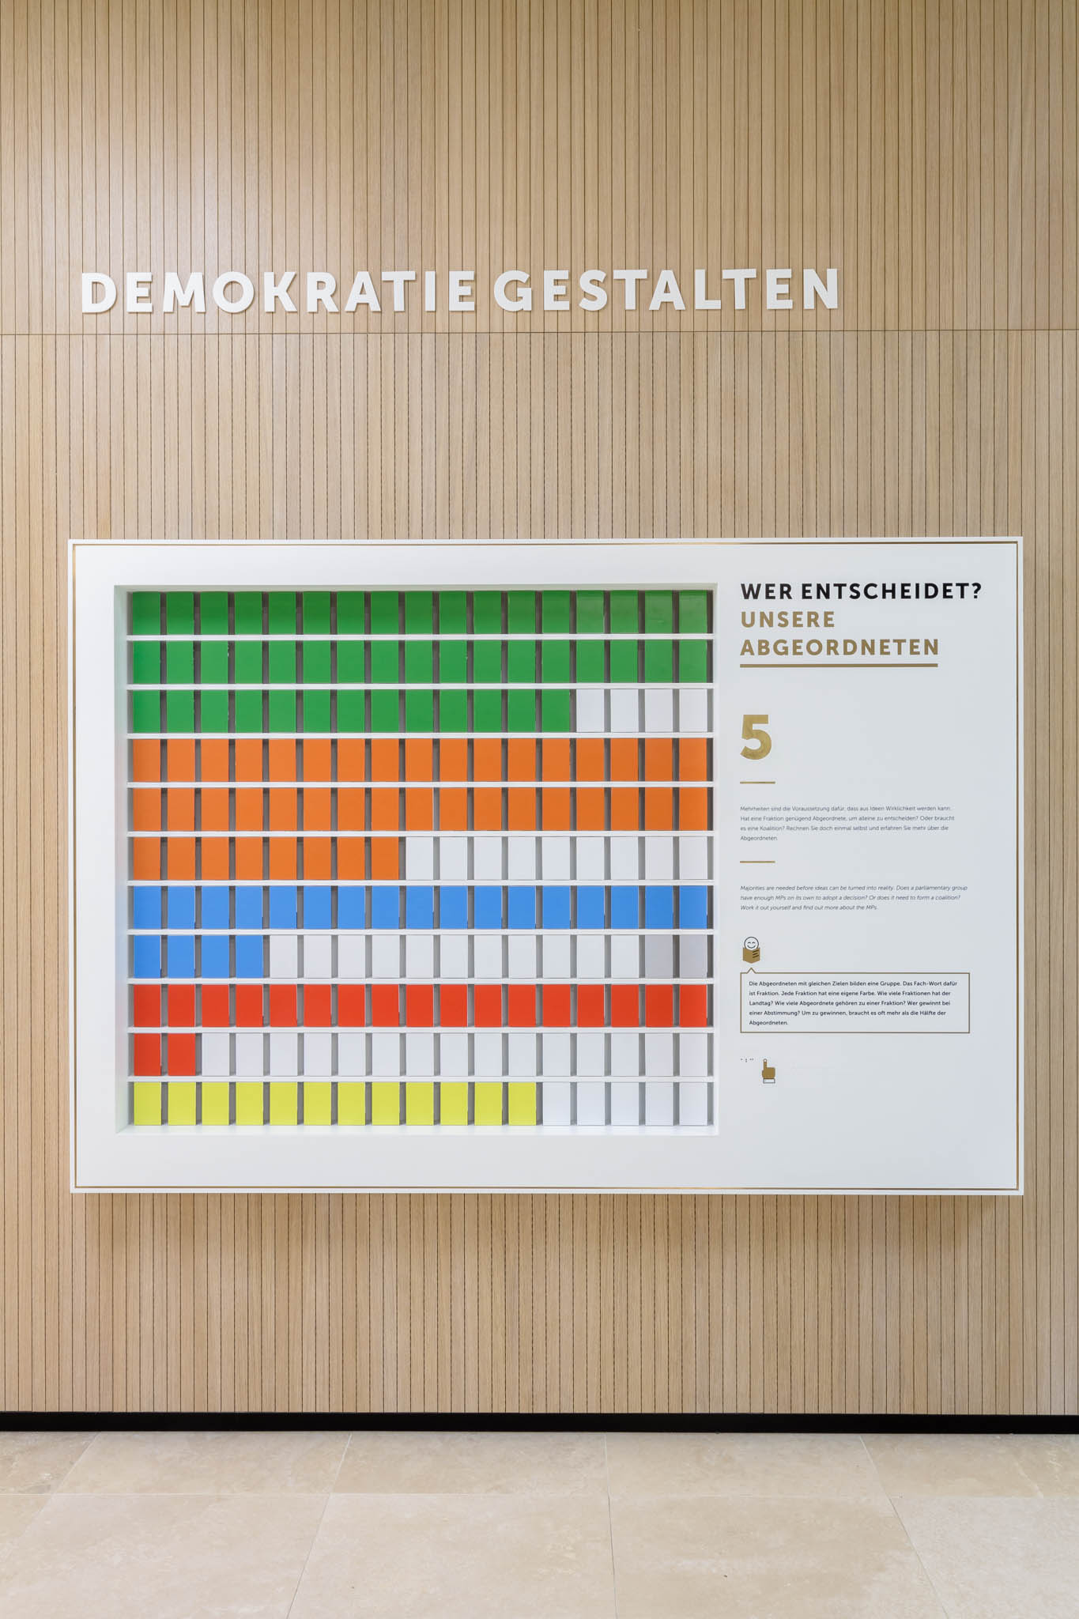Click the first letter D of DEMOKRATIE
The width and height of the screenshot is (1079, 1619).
[98, 292]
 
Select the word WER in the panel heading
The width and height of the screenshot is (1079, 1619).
[767, 591]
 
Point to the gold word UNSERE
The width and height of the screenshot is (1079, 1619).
[787, 619]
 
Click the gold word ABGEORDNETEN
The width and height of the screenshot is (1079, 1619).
[839, 647]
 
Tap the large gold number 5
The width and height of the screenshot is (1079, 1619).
[756, 737]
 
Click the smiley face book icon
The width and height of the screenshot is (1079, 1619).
[752, 949]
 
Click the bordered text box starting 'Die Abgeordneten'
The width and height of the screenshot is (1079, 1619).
[855, 1002]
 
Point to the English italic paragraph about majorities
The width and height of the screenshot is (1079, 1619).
[854, 897]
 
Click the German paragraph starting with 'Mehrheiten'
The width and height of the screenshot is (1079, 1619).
[847, 823]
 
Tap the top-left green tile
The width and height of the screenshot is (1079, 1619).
[146, 612]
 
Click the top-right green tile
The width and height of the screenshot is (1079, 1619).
[693, 612]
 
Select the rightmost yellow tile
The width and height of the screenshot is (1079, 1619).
[522, 1104]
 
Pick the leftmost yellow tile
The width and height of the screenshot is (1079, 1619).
[146, 1104]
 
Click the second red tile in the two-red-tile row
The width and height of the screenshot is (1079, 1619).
[181, 1055]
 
